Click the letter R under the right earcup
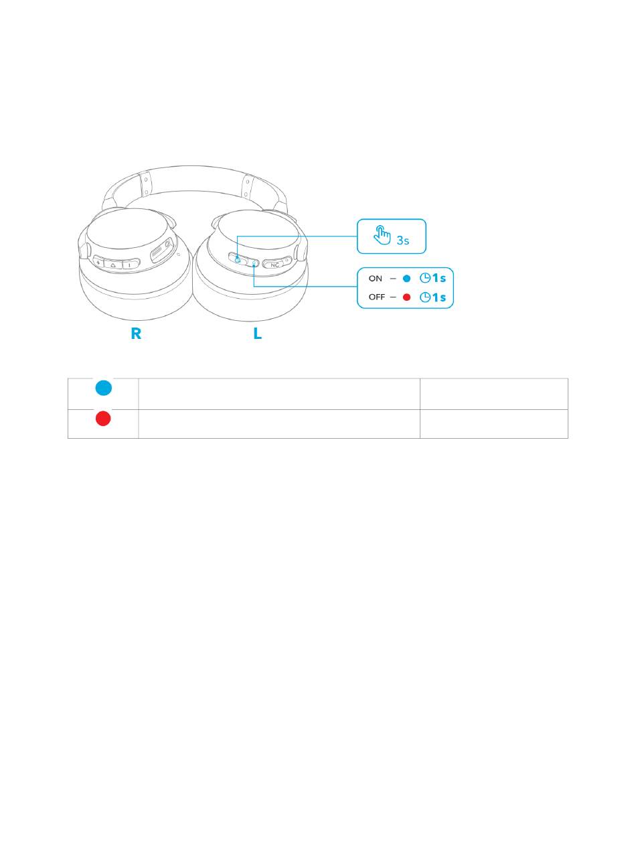(136, 333)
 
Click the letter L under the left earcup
(258, 333)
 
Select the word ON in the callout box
(376, 279)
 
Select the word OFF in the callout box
(377, 297)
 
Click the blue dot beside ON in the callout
(406, 279)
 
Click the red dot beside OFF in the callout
(406, 297)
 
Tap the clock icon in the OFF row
(424, 297)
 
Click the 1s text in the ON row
(439, 279)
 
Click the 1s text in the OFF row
(439, 297)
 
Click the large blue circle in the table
(103, 388)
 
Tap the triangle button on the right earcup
(113, 264)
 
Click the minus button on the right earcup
(130, 264)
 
